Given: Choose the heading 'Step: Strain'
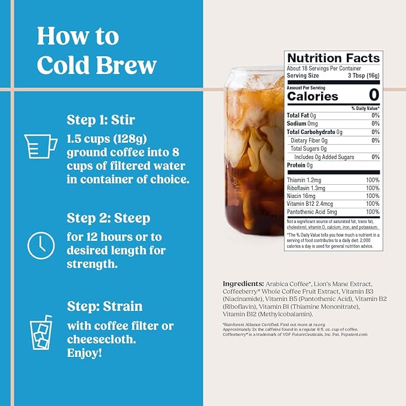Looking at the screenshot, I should click(x=105, y=307).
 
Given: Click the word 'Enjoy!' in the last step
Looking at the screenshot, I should click(x=84, y=353).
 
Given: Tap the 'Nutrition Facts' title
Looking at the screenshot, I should click(x=333, y=58).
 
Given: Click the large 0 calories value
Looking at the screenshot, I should click(x=374, y=95).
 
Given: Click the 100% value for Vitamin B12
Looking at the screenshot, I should click(x=372, y=203).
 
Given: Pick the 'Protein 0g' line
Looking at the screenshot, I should click(x=300, y=165).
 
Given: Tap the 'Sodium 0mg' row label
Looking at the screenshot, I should click(x=303, y=123).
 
